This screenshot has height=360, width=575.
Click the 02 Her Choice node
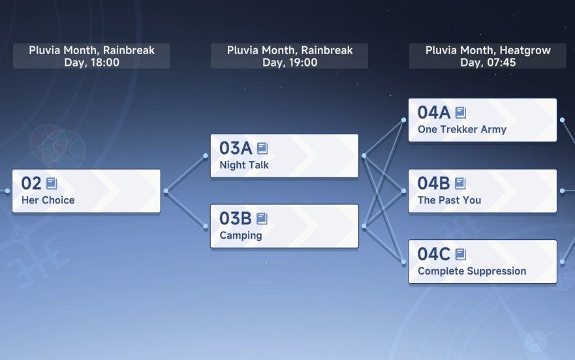coord(86,190)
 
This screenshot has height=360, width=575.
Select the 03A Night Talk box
coord(284,156)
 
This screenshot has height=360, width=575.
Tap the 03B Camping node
coord(284,226)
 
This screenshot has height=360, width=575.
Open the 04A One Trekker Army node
coord(482,120)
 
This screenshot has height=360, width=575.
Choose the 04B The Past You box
coord(482,190)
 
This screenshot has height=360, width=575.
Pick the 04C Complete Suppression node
coord(482,262)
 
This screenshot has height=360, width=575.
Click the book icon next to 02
coord(52,183)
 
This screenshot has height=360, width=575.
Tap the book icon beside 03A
coord(262,148)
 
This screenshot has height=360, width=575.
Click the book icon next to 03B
coord(262,218)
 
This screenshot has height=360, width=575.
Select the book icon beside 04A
coord(461,113)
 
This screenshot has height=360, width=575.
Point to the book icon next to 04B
coord(460,183)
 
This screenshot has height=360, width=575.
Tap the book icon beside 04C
coord(461,254)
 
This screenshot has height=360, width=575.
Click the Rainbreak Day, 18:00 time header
coord(91,56)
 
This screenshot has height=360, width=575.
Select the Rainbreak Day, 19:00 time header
coord(290,56)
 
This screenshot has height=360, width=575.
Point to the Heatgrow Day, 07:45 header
coord(488,56)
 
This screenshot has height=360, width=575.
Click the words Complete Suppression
coord(472,271)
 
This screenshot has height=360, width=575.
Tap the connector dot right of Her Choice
coord(166,190)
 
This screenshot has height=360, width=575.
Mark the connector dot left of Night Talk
coord(206,156)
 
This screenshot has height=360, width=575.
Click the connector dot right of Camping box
coord(364,226)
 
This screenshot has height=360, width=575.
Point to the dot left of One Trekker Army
coord(403,120)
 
